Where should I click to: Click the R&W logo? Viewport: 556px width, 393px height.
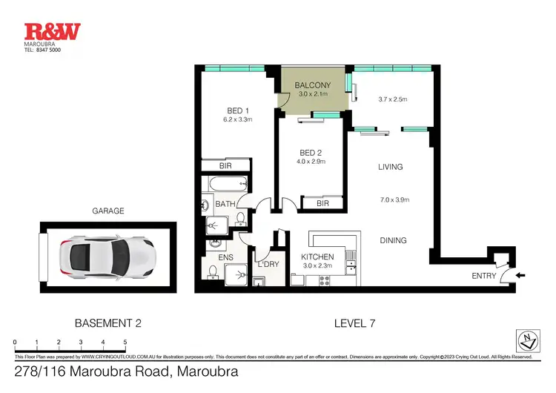(53, 31)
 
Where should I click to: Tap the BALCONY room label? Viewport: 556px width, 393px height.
(312, 85)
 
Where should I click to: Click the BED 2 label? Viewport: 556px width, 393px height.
(311, 152)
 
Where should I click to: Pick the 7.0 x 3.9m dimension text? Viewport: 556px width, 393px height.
(395, 199)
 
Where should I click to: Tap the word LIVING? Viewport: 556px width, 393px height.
(390, 167)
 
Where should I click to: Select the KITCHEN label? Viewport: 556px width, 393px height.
(317, 257)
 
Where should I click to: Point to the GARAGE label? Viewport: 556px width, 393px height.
(108, 211)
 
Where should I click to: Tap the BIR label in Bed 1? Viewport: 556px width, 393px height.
(226, 166)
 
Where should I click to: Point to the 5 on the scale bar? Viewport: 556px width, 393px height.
(125, 342)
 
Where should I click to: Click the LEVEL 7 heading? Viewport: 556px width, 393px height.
(349, 323)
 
